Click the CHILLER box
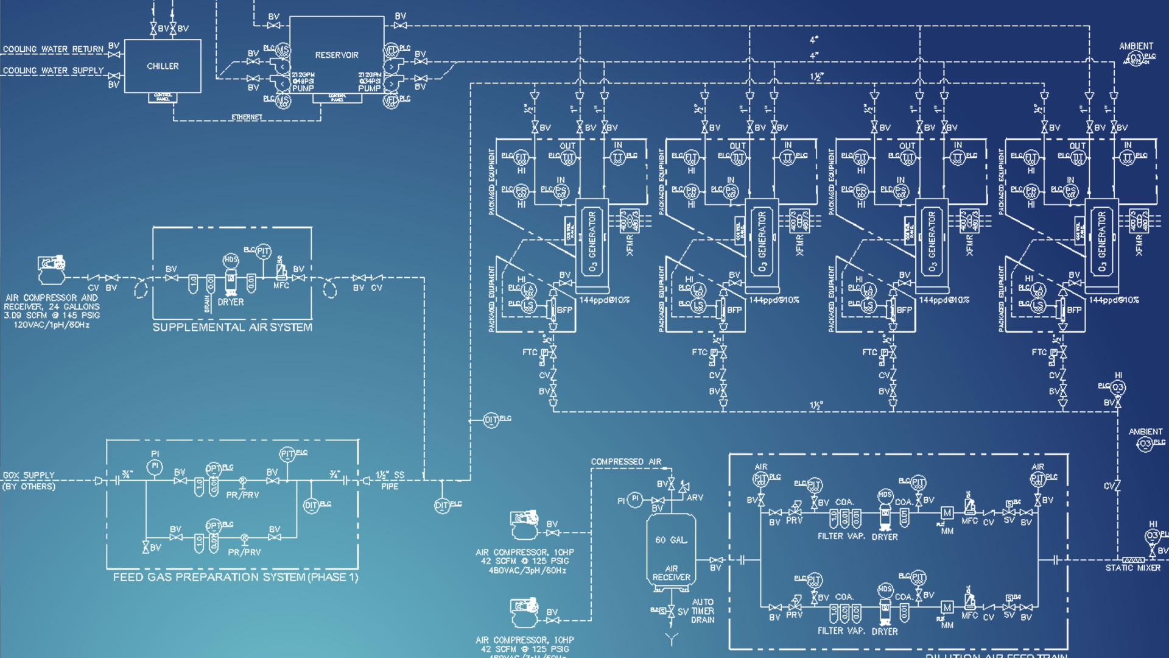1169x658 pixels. (163, 66)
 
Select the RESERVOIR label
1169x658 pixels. (337, 55)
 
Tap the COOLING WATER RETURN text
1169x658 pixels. (53, 49)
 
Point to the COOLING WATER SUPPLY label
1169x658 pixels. (53, 71)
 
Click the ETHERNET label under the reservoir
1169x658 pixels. (247, 117)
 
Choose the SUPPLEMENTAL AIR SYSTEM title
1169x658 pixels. (232, 327)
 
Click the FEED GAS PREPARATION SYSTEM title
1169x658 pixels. (236, 577)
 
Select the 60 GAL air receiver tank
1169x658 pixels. (671, 551)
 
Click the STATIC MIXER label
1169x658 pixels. (1132, 568)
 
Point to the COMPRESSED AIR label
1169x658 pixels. (626, 462)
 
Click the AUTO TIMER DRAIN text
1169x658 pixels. (703, 610)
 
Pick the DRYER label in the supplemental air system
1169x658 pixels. (231, 302)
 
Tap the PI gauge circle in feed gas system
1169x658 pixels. (155, 466)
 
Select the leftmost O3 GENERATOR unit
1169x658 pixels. (592, 242)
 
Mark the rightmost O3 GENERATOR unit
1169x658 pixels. (1101, 242)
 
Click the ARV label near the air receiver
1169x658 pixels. (695, 498)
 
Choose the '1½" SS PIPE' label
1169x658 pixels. (390, 480)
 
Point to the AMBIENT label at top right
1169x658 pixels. (1136, 46)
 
